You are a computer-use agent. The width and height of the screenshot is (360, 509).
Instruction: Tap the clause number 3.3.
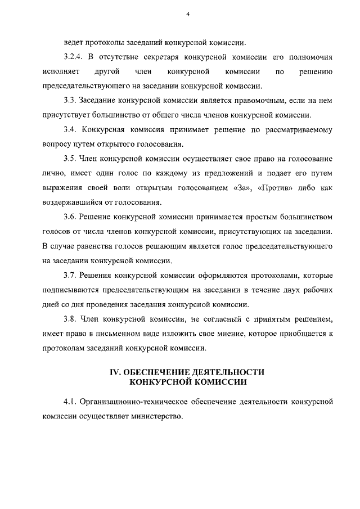(x=70, y=101)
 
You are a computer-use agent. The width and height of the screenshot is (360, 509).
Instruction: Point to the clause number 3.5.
(x=70, y=159)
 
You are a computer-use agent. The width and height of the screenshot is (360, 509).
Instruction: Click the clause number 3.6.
(x=70, y=218)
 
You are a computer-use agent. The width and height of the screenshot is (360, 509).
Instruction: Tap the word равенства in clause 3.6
(x=95, y=247)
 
